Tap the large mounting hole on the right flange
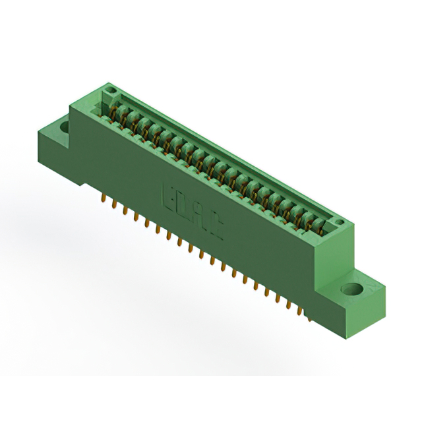[351, 289]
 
